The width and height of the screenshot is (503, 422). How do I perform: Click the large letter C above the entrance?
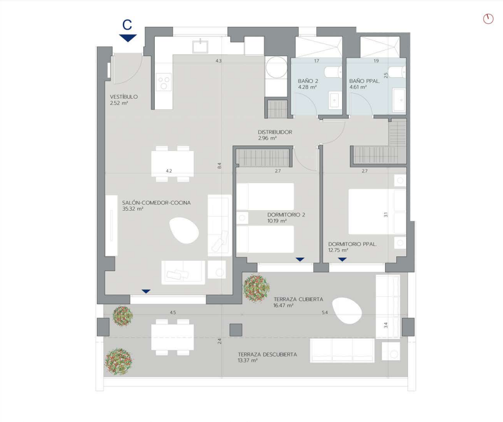click(x=127, y=25)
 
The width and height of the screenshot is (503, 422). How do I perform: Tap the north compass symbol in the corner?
click(x=488, y=19)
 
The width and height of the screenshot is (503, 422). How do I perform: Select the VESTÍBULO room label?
click(x=124, y=97)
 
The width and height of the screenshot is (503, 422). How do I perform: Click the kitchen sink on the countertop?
click(x=200, y=46)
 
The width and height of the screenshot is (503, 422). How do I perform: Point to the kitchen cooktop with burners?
click(x=164, y=82)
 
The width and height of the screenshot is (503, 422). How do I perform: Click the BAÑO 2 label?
click(x=308, y=81)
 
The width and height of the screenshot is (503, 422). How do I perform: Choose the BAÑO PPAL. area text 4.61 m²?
click(x=358, y=87)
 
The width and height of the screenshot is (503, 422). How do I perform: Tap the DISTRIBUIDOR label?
click(x=275, y=132)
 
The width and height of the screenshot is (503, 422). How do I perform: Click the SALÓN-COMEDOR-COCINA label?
click(x=156, y=203)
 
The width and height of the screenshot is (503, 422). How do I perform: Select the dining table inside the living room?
click(x=173, y=164)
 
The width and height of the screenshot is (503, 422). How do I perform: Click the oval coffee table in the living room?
click(x=184, y=230)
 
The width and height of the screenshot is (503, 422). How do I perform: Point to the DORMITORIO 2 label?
click(x=286, y=215)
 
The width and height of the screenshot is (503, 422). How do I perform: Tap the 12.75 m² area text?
click(x=338, y=250)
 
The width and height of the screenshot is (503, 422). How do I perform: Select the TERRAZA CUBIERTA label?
click(x=299, y=299)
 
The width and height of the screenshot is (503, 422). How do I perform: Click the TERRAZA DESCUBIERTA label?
click(x=267, y=354)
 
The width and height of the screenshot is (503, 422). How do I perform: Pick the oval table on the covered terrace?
click(x=348, y=311)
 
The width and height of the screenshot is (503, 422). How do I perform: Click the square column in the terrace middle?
click(x=236, y=330)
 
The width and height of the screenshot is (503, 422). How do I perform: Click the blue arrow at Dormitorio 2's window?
click(x=300, y=259)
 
